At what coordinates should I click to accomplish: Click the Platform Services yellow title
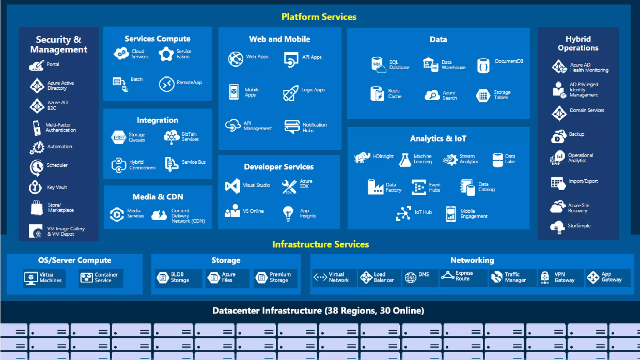tap(319, 17)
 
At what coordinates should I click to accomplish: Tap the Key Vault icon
tap(35, 187)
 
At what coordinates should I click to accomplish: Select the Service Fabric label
tap(184, 54)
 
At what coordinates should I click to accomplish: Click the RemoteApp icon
tap(167, 84)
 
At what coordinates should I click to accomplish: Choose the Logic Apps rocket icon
tap(290, 93)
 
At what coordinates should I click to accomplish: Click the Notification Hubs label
tap(314, 127)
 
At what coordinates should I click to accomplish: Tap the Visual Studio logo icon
tap(232, 186)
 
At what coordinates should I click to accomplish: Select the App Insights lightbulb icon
tap(288, 213)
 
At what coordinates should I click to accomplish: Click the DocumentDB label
tap(509, 61)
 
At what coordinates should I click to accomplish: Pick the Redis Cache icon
tap(377, 93)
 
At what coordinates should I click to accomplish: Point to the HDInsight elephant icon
tap(362, 157)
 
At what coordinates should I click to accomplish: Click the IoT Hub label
tap(423, 212)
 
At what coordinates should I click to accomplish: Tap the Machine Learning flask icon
tap(405, 160)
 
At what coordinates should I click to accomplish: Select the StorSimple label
tap(579, 226)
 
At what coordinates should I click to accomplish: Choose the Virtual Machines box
tap(44, 278)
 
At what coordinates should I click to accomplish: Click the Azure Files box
tap(227, 278)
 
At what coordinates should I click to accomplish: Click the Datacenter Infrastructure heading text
tap(318, 311)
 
